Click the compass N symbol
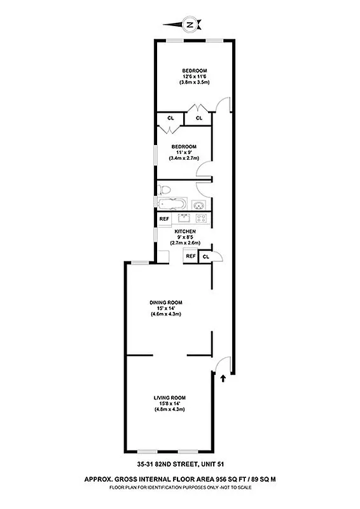[189, 25]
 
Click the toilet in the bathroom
[167, 189]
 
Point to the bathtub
[172, 205]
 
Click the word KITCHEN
[185, 231]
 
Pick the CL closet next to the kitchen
[206, 256]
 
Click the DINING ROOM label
[167, 302]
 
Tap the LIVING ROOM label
[169, 398]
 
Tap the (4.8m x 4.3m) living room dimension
[169, 409]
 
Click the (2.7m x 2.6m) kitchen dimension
[185, 242]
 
